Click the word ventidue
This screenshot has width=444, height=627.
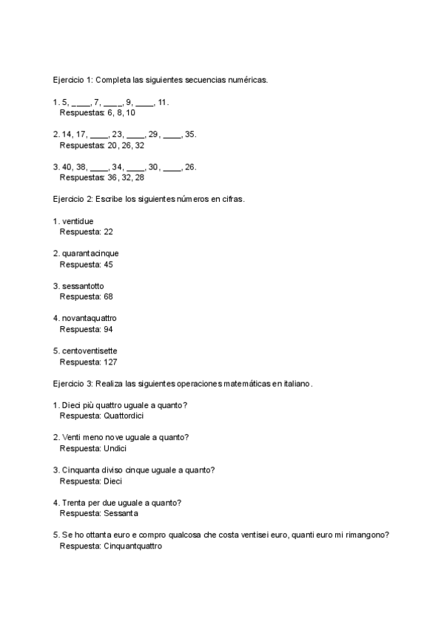click(x=78, y=221)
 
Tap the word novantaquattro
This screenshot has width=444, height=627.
click(x=90, y=318)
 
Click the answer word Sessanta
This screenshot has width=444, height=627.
click(x=121, y=513)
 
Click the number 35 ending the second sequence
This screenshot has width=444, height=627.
click(x=190, y=135)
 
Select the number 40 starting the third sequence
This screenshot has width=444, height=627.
click(x=67, y=167)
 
